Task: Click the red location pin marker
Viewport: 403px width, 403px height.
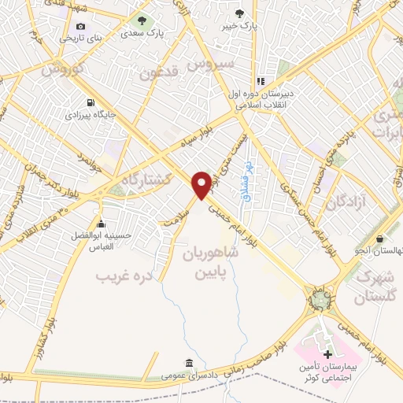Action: click(x=202, y=184)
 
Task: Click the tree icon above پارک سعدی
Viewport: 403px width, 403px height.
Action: click(x=142, y=20)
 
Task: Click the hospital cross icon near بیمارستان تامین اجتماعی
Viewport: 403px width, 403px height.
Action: click(x=327, y=355)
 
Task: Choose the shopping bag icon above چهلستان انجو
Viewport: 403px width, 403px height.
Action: click(x=380, y=238)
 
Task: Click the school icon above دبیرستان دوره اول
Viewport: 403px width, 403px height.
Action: click(x=261, y=82)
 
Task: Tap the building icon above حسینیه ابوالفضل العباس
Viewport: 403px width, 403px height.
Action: click(x=100, y=223)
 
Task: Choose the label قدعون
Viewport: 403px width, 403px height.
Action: click(x=161, y=74)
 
